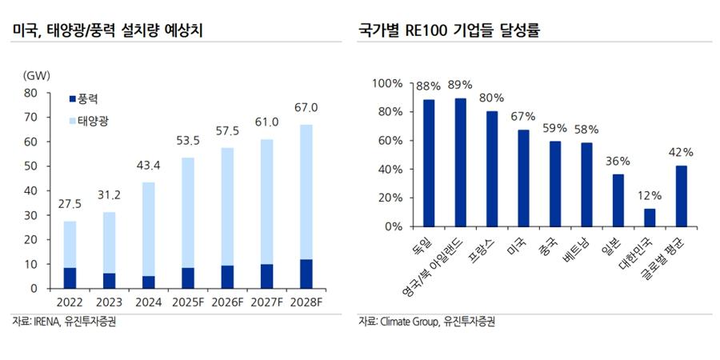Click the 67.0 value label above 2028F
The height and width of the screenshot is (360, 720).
click(306, 107)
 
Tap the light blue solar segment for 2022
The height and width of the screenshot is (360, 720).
click(70, 244)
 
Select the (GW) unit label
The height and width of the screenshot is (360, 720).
click(38, 76)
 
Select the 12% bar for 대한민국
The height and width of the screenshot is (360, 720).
click(650, 218)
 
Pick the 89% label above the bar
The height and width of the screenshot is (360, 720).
click(460, 85)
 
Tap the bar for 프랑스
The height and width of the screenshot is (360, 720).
click(492, 169)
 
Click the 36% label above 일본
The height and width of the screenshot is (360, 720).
click(618, 161)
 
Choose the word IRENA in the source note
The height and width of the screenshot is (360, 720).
click(46, 322)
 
